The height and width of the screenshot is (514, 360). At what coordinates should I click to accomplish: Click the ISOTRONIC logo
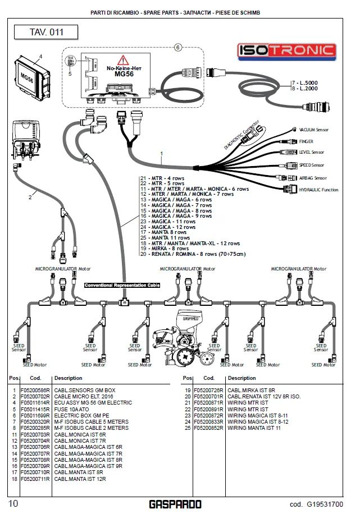[286, 51]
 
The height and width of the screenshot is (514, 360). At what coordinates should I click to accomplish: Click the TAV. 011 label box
[46, 32]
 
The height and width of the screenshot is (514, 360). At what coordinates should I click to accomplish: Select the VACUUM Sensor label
[313, 130]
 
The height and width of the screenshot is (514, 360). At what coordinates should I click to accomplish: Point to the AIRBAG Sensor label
[312, 177]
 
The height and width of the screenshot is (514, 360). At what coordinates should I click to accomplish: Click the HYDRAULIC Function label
[318, 190]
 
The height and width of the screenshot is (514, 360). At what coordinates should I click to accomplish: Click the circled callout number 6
[178, 48]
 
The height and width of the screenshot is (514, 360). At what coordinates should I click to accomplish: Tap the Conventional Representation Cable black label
[122, 285]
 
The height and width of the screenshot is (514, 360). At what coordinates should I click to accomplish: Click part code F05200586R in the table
[35, 389]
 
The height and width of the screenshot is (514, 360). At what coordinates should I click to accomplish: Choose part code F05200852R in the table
[208, 428]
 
